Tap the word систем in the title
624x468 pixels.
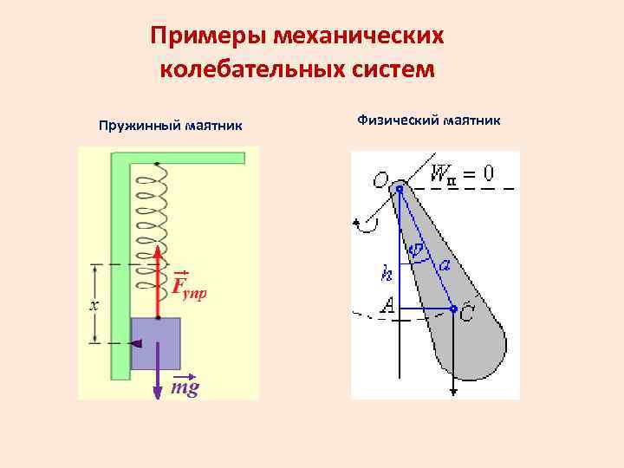387,68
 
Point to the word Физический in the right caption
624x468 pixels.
398,120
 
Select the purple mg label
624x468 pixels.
185,387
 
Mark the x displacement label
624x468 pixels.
94,305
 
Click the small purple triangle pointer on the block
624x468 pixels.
136,343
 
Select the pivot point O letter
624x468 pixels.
380,180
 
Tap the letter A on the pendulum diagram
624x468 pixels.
387,305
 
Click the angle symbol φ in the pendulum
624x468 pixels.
417,250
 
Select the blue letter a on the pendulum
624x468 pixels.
444,265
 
